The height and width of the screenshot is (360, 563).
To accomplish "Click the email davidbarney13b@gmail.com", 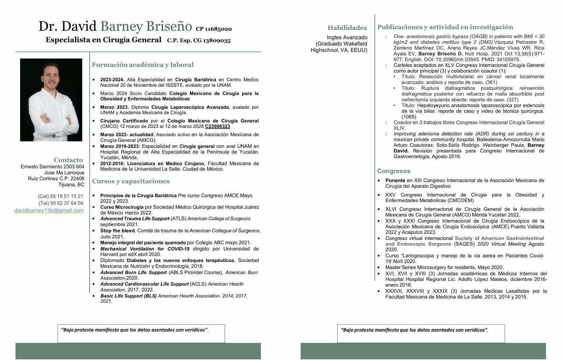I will point(49,211).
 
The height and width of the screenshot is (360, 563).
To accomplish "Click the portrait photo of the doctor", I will point(51,100).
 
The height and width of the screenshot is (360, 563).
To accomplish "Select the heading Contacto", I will point(68,160).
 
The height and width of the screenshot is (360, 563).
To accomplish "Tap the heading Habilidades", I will point(347,28).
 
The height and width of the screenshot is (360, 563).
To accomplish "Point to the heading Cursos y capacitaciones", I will point(131,181).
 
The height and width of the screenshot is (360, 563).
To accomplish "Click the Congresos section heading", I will point(394,171).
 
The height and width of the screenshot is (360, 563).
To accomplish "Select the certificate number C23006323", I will point(217,126).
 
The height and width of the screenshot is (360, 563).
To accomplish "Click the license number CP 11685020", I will point(214,29).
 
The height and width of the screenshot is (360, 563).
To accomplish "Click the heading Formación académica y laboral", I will point(143,64).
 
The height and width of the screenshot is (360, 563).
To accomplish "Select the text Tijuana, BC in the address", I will point(71,185).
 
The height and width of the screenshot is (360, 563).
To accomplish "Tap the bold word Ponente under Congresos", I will point(395,181).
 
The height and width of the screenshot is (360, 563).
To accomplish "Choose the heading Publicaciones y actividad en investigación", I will point(445,27).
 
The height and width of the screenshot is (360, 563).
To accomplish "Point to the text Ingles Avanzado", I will point(347,38).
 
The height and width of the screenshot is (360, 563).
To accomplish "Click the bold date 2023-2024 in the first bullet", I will point(112,80).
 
